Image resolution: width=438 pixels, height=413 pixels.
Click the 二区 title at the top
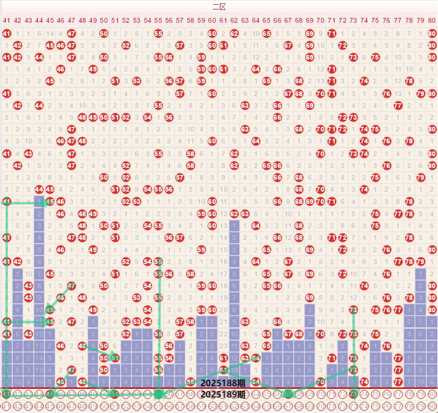point(219,7)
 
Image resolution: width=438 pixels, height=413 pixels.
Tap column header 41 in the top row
point(6,20)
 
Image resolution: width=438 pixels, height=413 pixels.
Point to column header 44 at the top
point(39,20)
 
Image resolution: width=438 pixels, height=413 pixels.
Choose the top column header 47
point(71,20)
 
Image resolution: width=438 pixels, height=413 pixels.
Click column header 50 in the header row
point(104,20)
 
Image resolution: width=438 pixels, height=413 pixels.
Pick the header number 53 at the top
point(137,20)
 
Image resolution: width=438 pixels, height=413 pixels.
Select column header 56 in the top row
point(169,20)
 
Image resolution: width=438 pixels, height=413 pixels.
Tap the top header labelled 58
point(191,20)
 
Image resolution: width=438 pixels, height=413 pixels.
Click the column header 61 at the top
point(223,20)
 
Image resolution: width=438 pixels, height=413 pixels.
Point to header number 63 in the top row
point(245,20)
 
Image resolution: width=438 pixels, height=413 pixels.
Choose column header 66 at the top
point(277,20)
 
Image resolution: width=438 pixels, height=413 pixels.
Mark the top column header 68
point(299,20)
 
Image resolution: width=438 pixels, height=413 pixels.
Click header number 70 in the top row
point(320,20)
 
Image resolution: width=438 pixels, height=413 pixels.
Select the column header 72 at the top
point(342,20)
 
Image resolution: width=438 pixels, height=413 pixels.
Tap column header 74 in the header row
point(364,20)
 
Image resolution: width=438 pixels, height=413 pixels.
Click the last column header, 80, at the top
point(431,20)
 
